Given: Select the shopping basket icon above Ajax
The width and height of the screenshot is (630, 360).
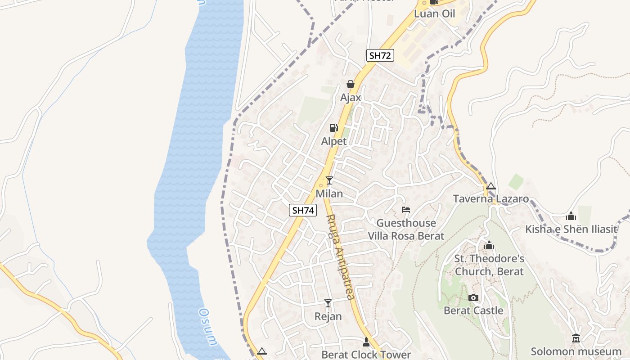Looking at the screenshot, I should (x=351, y=84).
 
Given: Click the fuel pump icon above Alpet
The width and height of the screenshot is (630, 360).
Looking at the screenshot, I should (x=333, y=128).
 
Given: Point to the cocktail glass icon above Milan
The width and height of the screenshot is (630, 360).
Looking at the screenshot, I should (x=329, y=180).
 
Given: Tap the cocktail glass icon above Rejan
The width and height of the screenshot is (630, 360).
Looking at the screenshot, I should (x=328, y=303).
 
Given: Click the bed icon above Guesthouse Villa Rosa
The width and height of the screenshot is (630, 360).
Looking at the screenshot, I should (x=406, y=210).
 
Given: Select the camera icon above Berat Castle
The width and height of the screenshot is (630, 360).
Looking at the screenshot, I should (x=473, y=297).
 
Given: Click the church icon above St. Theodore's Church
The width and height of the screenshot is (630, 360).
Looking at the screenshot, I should (x=489, y=245).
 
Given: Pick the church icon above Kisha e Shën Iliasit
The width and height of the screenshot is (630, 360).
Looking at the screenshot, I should (x=571, y=216).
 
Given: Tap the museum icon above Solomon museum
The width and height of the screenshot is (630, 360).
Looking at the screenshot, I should (x=576, y=338).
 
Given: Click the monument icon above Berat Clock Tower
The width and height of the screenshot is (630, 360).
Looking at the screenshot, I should (x=366, y=342).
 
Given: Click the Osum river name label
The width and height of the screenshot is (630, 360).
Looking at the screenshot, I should (x=208, y=326).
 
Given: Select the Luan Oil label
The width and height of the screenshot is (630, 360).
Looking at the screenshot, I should (x=435, y=13).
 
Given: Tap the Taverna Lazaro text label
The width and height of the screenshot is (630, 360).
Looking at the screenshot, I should (x=491, y=199).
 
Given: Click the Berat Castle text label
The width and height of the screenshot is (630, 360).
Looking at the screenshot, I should (x=473, y=310).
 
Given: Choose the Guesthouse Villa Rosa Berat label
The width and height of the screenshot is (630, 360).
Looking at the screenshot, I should (x=406, y=229).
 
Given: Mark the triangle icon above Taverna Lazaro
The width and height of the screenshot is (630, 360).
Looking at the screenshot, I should (x=491, y=186).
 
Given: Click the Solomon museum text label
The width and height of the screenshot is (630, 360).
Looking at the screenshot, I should (x=576, y=351).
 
